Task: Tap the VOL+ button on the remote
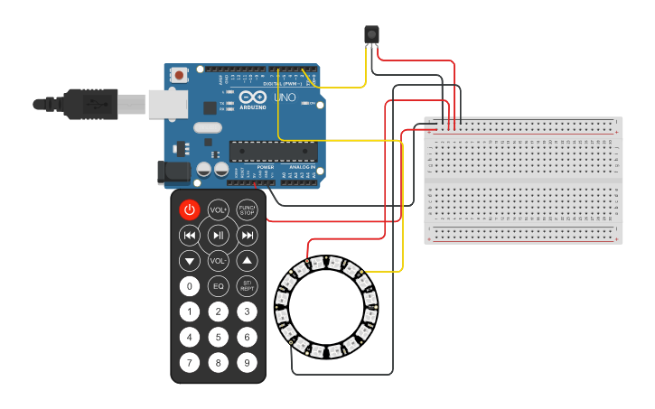pyautogui.click(x=218, y=209)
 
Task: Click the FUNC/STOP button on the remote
pyautogui.click(x=247, y=209)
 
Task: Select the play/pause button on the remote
pyautogui.click(x=218, y=236)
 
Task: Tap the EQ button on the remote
pyautogui.click(x=218, y=287)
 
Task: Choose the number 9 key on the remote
pyautogui.click(x=247, y=363)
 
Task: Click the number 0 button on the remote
pyautogui.click(x=189, y=287)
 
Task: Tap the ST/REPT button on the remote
pyautogui.click(x=247, y=287)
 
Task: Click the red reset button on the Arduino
pyautogui.click(x=179, y=75)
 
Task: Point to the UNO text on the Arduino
pyautogui.click(x=285, y=97)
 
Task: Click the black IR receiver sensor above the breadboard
pyautogui.click(x=371, y=34)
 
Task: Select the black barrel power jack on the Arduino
pyautogui.click(x=170, y=172)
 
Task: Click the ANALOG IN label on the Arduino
pyautogui.click(x=302, y=167)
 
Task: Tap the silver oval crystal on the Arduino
pyautogui.click(x=207, y=127)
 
